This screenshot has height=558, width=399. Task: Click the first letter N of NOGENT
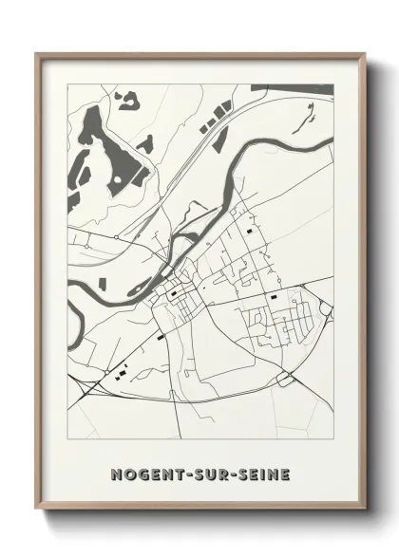(x=116, y=472)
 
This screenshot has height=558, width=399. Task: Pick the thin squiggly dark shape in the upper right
(x=308, y=118)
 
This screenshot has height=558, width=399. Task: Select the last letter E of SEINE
(x=286, y=472)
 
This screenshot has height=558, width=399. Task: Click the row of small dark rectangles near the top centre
(x=211, y=121)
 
